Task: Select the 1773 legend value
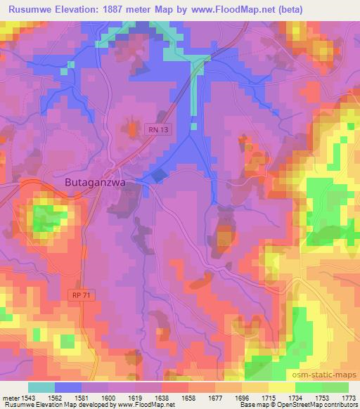[x=347, y=397]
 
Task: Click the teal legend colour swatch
[x=42, y=387]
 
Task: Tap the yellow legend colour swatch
[x=282, y=387]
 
